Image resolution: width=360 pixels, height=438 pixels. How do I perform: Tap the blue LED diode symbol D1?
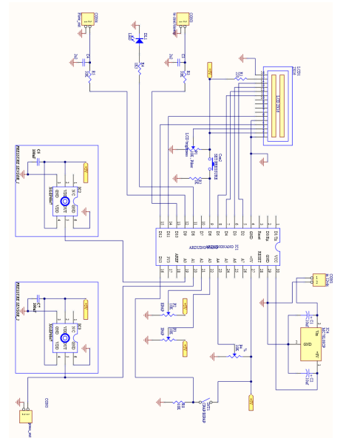(x=138, y=41)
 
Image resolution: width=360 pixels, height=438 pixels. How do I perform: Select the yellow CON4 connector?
(x=87, y=20)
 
